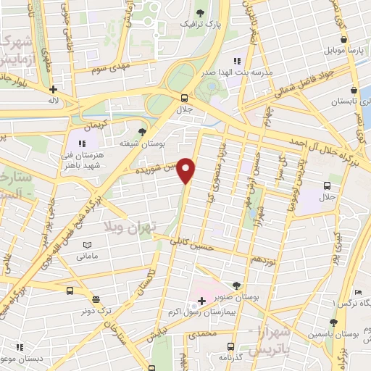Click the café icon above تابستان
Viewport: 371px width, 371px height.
pos(353,91)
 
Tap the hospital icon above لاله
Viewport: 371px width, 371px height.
pos(52,90)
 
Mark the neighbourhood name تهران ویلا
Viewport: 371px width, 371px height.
pos(131,229)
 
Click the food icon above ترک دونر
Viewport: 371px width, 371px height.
pos(95,299)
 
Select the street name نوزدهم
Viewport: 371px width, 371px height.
pos(262,259)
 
